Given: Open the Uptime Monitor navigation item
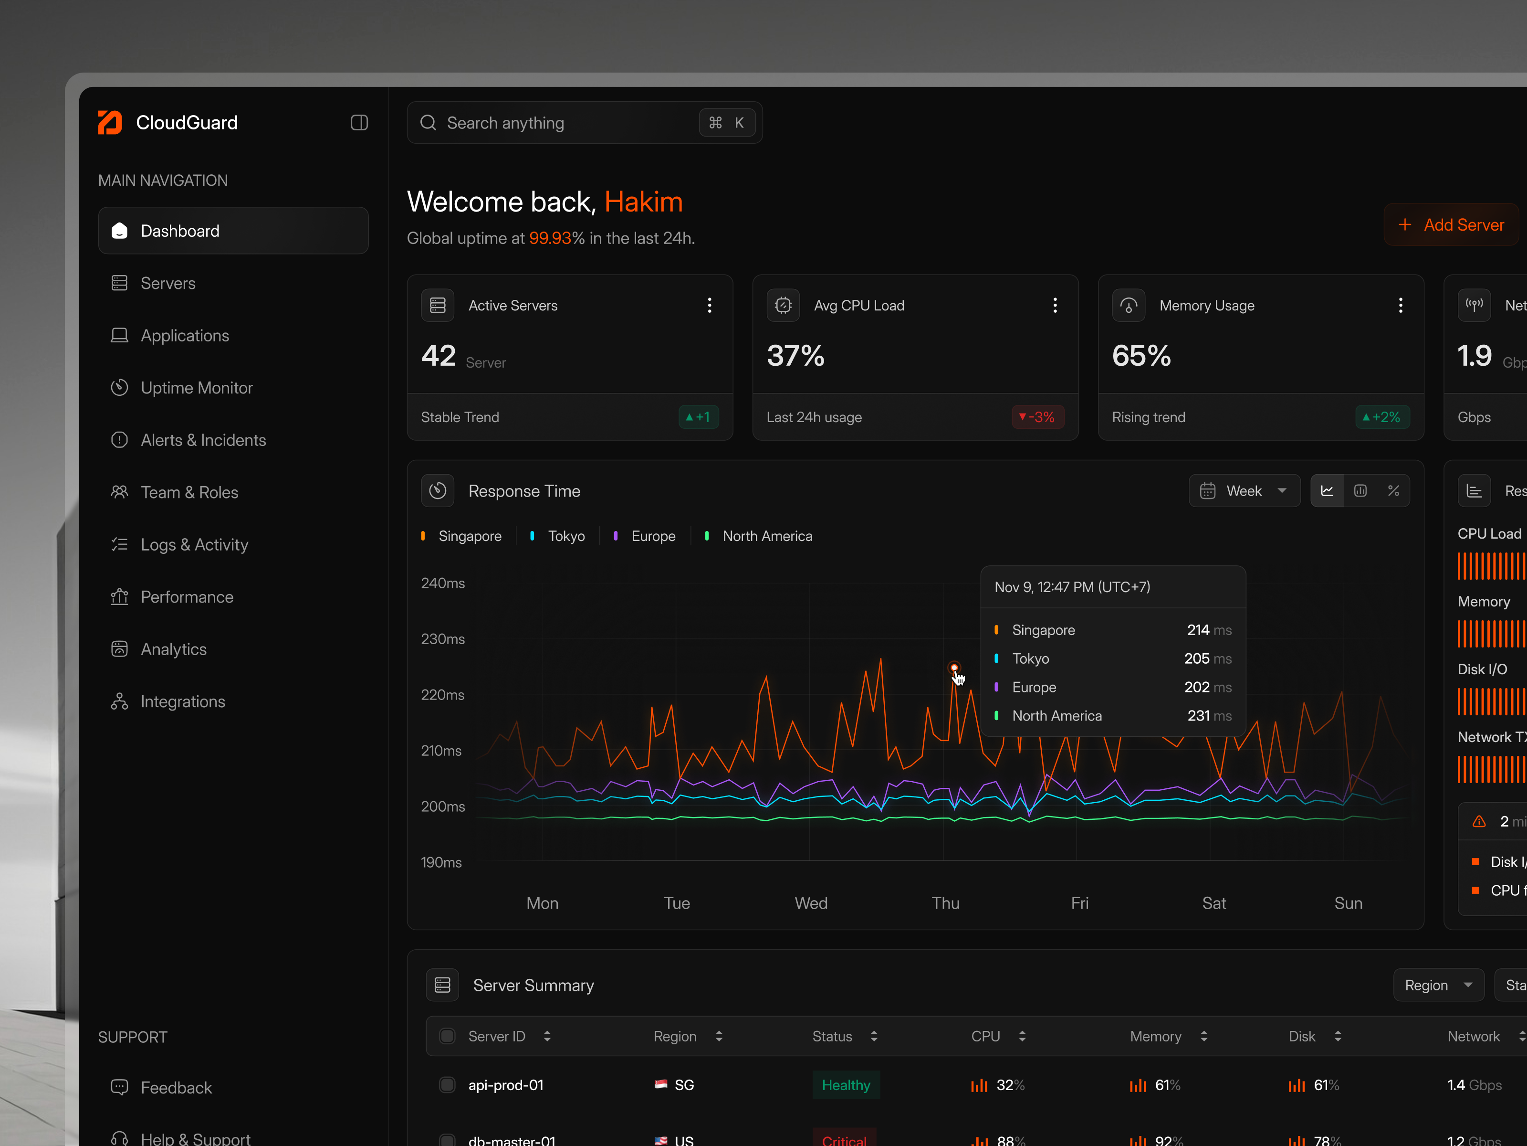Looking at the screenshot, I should pos(196,388).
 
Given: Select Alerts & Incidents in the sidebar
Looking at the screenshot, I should pos(203,440).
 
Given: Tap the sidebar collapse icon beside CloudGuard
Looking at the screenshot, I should pos(359,123).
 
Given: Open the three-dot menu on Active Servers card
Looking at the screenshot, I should pos(709,305).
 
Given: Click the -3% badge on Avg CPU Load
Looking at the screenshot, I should pos(1037,417).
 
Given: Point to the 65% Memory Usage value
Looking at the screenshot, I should pos(1141,356).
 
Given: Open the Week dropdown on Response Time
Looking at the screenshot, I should pos(1244,491).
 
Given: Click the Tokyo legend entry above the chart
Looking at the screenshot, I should pos(565,536).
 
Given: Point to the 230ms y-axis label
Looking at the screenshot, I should pos(442,639).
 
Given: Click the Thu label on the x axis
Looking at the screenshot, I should pos(945,903).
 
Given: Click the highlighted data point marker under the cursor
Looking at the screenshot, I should pos(954,668).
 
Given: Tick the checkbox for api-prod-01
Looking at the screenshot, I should pos(447,1085).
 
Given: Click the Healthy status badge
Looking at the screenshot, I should pos(846,1085).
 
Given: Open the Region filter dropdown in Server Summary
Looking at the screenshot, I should pos(1438,985).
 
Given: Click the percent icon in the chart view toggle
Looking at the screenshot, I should pos(1393,491).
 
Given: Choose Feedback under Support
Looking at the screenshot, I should pos(176,1088).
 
